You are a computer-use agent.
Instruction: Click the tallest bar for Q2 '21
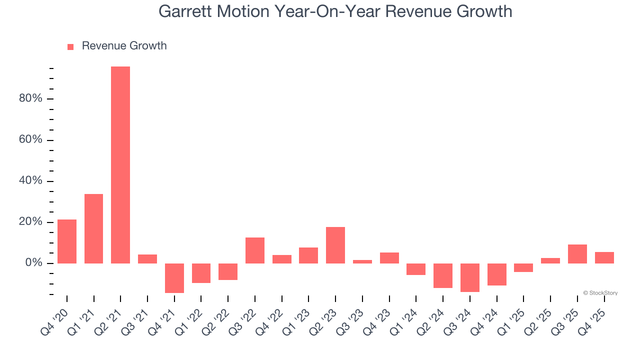pos(120,165)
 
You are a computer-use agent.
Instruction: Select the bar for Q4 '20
pos(67,241)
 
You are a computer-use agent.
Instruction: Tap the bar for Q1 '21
pos(93,228)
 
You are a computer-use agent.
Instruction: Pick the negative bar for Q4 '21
pos(174,278)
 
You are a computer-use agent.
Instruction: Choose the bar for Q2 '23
pos(335,245)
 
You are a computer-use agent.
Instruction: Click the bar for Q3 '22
pos(255,250)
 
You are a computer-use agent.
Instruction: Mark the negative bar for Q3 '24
pos(470,277)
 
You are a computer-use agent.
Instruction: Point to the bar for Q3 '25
pos(577,254)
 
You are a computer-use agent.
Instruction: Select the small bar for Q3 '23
pos(362,261)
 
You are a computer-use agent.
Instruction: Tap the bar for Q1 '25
pos(523,267)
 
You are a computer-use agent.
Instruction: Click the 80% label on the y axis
pos(30,98)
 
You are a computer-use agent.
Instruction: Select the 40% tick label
pos(30,180)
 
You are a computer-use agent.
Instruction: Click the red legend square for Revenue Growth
pos(70,46)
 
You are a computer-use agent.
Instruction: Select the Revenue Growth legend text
pos(124,46)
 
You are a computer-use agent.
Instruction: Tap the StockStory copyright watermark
pos(600,293)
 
